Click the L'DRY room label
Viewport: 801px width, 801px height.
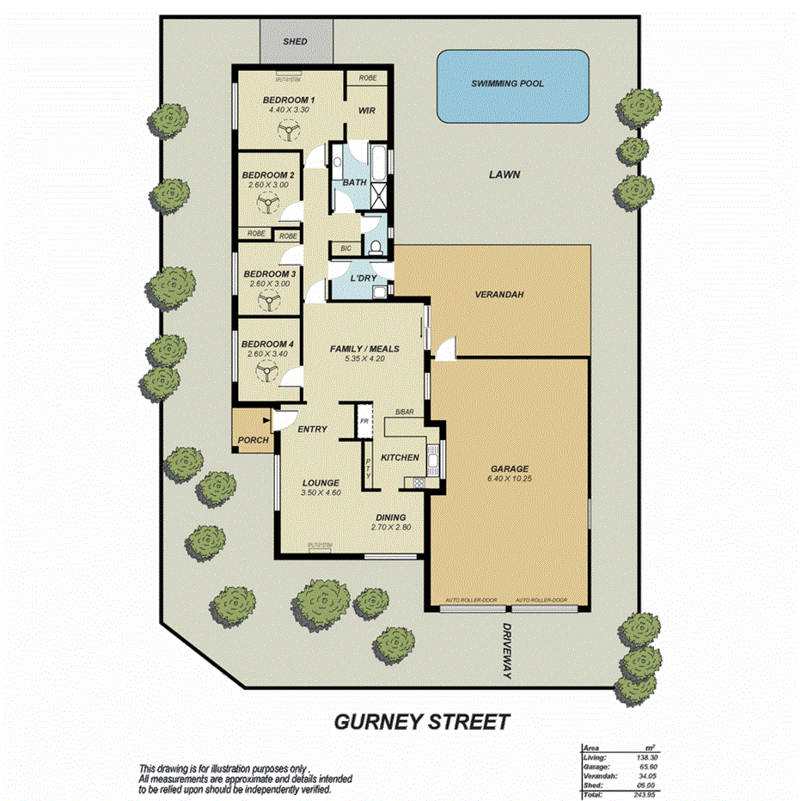(x=364, y=278)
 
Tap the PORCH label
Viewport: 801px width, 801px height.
(x=252, y=441)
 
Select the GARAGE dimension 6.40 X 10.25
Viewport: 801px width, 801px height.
(x=511, y=478)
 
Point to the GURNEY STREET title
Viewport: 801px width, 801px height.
(x=421, y=720)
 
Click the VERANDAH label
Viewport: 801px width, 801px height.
(x=499, y=295)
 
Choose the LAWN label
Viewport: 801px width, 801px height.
(x=504, y=174)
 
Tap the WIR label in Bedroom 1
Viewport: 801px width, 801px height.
(x=367, y=111)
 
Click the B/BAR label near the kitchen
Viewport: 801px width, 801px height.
(x=405, y=413)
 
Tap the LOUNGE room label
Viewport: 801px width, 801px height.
(x=320, y=482)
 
